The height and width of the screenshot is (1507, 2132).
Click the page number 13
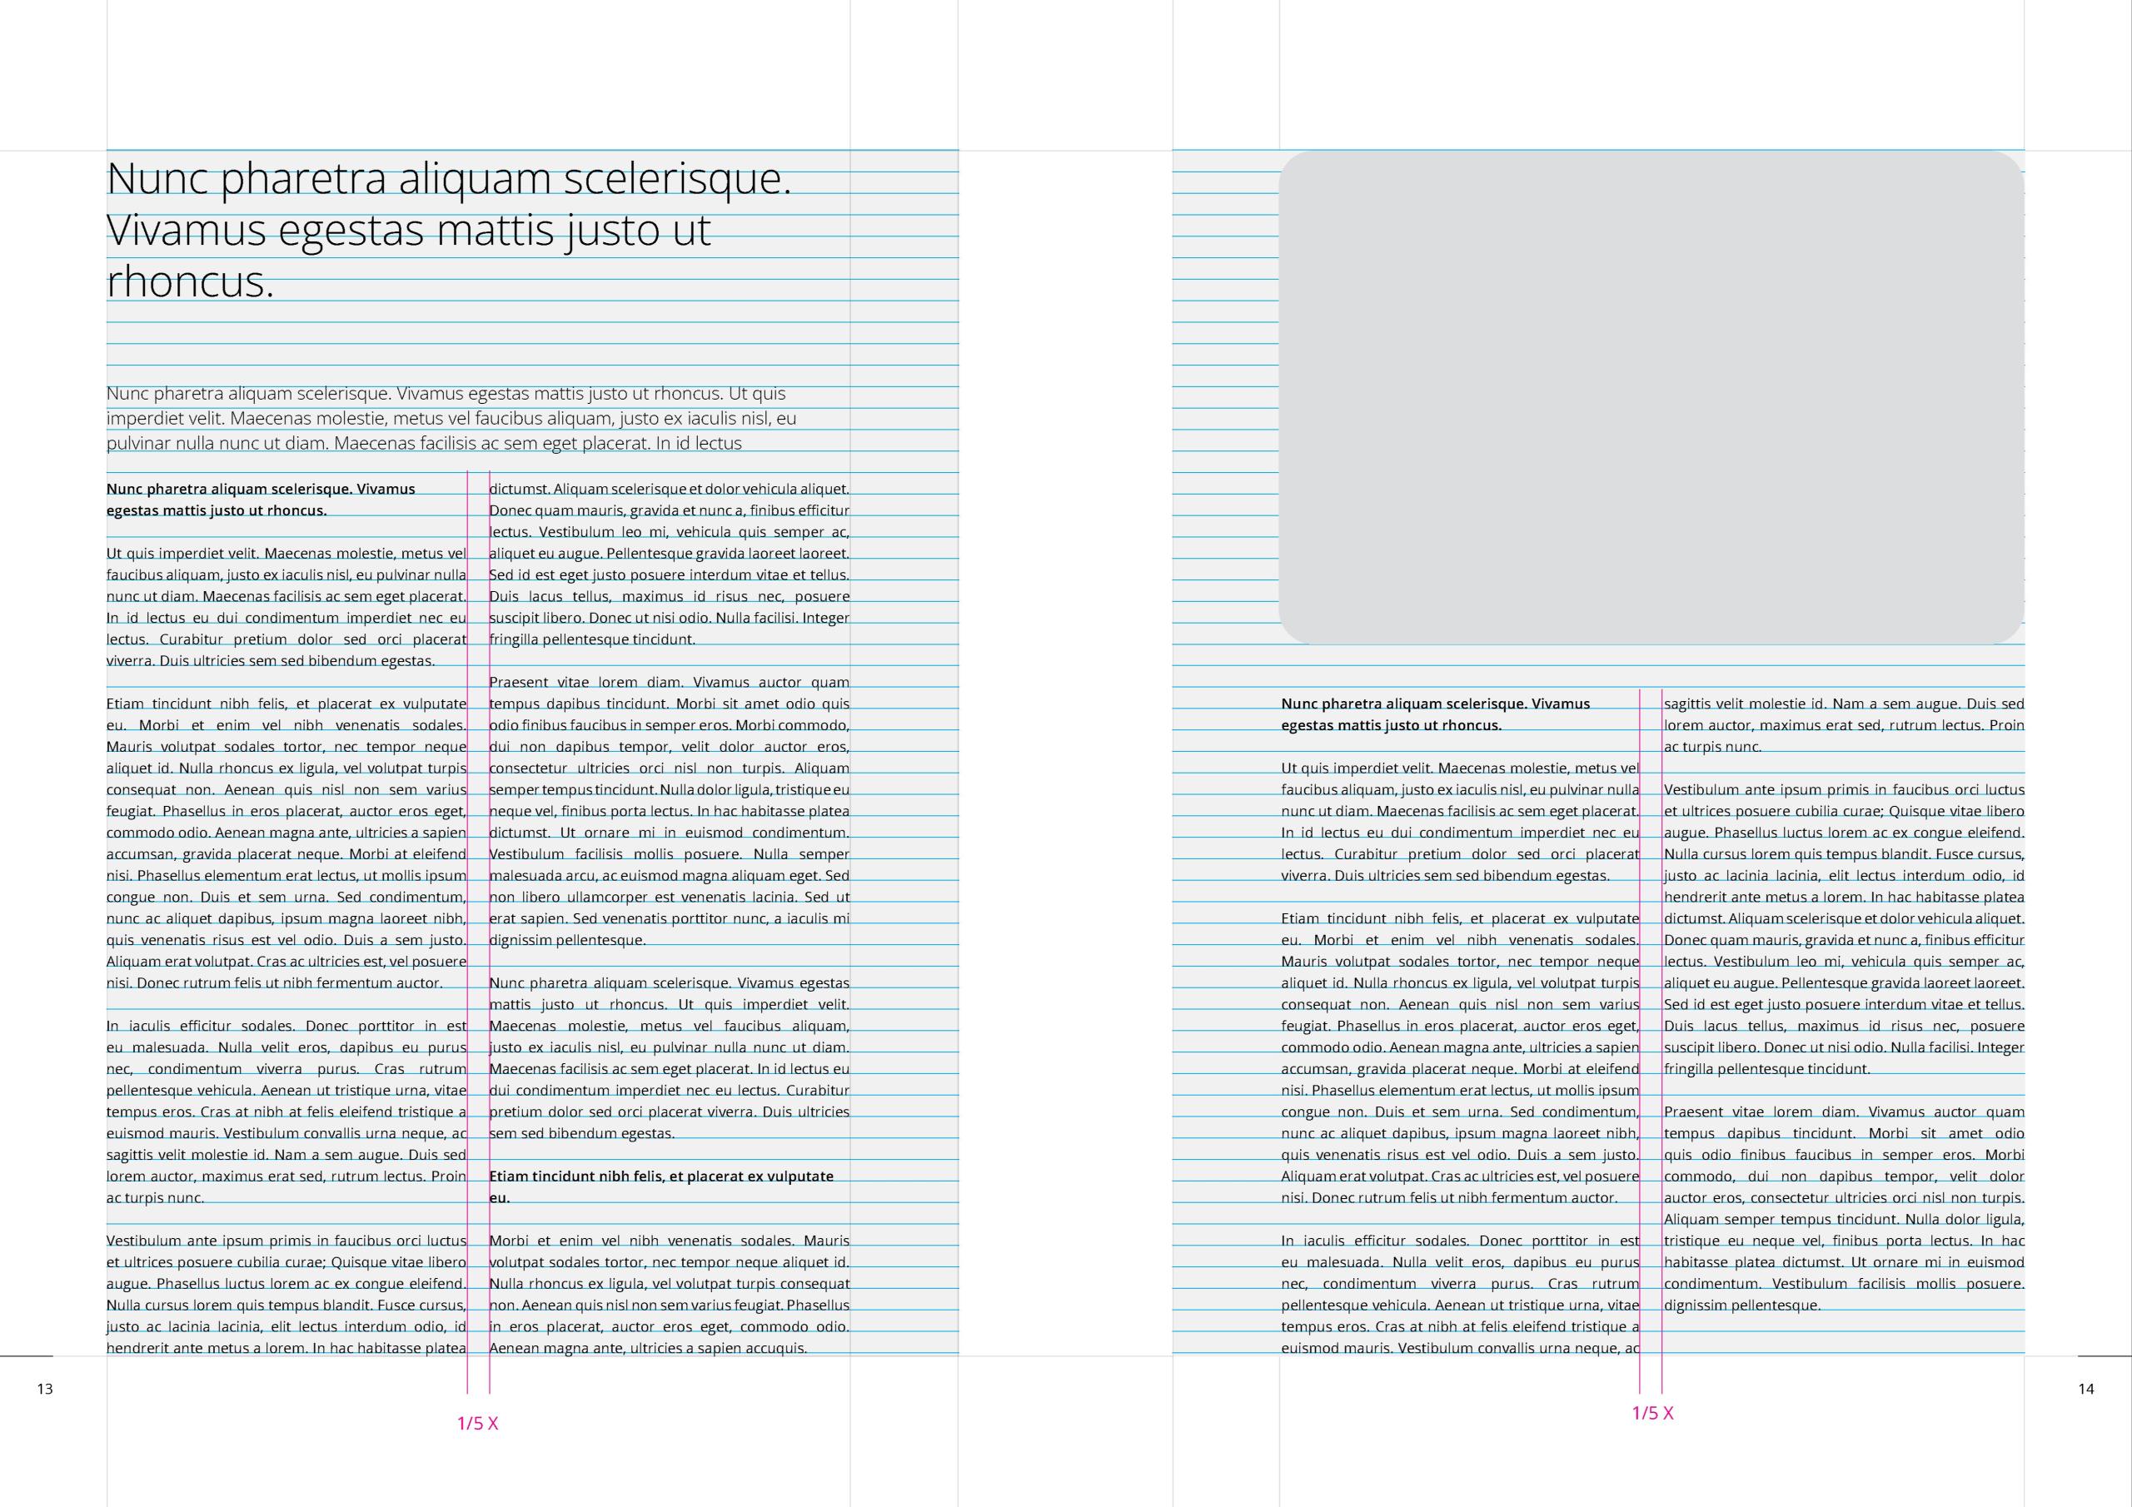coord(45,1389)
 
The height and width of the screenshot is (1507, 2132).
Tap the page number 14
coord(2085,1389)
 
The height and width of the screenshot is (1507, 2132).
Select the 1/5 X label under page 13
coord(477,1424)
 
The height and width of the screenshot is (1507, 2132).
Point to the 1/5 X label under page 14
coord(1652,1413)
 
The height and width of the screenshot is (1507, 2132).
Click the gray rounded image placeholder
coord(1651,397)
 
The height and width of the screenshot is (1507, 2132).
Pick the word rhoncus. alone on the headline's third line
coord(191,281)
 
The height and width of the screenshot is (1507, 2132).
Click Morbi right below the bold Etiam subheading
coord(510,1241)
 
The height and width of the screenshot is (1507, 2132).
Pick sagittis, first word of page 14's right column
coord(1687,704)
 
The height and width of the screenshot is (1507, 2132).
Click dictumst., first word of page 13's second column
coord(519,490)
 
